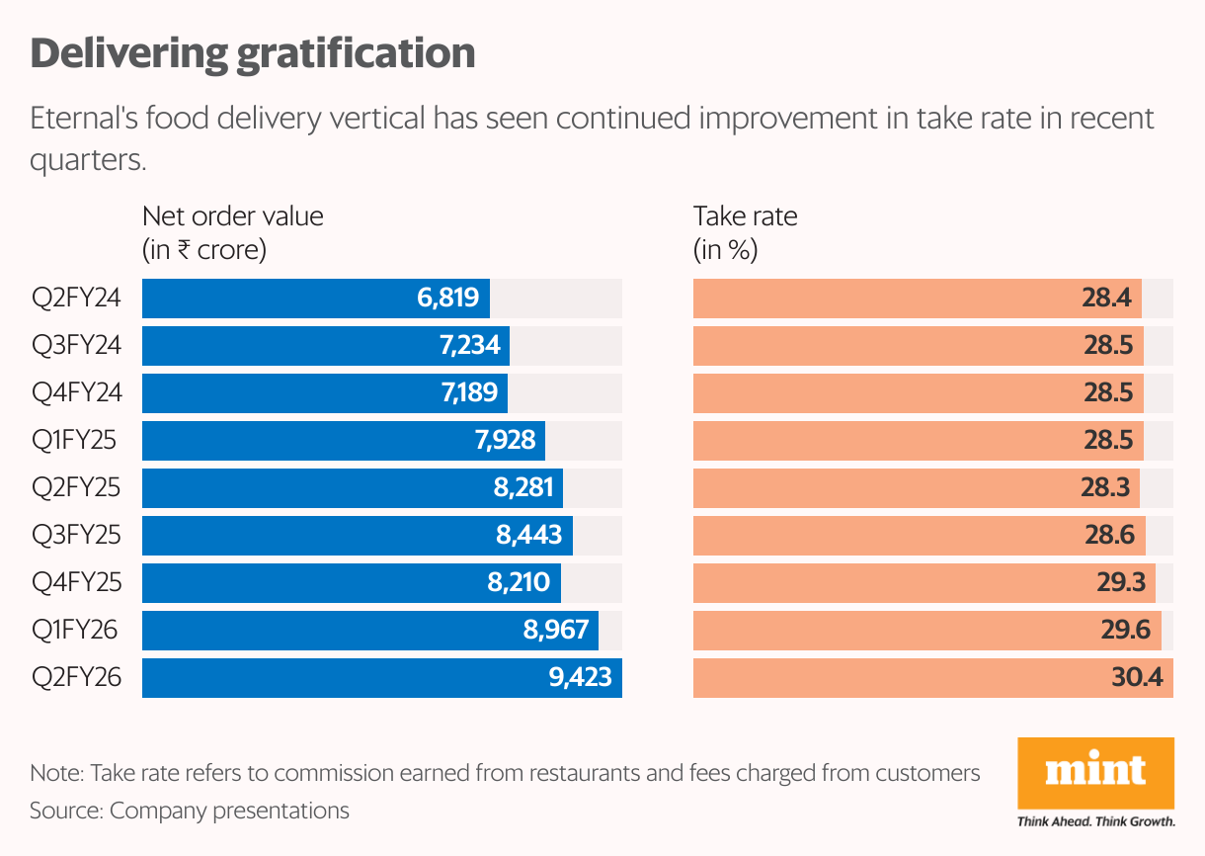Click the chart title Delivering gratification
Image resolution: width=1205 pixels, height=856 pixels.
click(x=253, y=53)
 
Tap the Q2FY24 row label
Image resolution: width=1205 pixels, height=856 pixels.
click(x=77, y=299)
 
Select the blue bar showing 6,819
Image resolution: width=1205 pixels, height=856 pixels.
click(x=316, y=299)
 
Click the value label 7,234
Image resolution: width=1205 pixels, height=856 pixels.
click(x=470, y=346)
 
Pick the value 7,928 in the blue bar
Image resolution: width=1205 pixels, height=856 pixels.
click(x=505, y=441)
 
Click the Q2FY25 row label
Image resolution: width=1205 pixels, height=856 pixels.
click(x=77, y=488)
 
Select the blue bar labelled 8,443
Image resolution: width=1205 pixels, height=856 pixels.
click(x=357, y=536)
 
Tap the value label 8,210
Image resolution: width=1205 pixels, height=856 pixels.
click(x=519, y=583)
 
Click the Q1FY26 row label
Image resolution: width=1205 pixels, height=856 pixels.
click(x=77, y=631)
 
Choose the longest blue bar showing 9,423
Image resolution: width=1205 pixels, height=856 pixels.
click(x=381, y=678)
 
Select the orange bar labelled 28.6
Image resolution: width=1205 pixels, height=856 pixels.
click(x=919, y=536)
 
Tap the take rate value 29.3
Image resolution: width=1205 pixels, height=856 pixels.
click(x=1121, y=583)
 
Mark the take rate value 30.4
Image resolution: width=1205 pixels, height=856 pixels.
click(x=1139, y=678)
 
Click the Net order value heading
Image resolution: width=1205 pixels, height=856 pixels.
click(x=233, y=216)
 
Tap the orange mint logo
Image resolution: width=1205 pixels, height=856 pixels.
click(x=1095, y=771)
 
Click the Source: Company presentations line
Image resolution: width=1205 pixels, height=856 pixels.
click(x=190, y=812)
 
